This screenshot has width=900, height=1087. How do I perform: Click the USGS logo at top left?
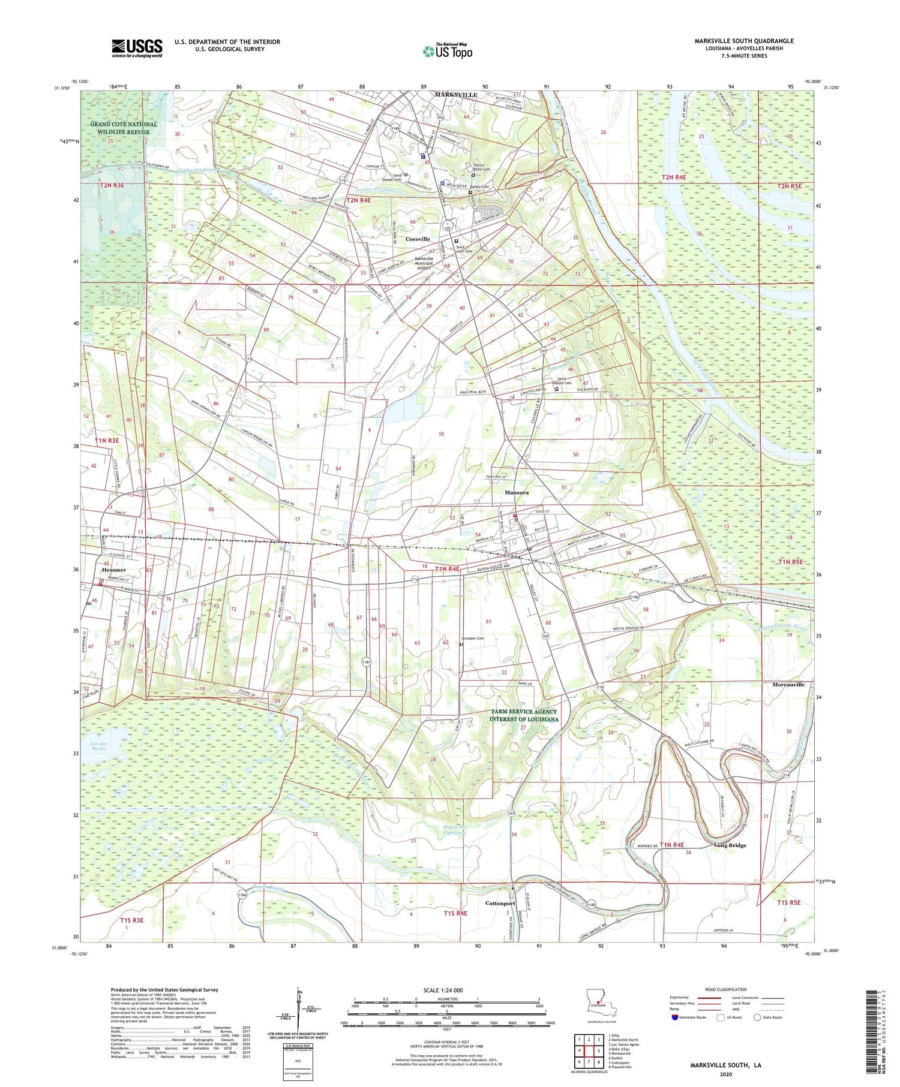click(137, 48)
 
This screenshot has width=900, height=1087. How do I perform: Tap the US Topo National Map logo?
click(447, 52)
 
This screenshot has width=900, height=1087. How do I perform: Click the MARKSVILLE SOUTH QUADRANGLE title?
click(743, 41)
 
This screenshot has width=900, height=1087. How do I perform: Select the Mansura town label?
click(516, 492)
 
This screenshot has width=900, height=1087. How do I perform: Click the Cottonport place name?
click(500, 903)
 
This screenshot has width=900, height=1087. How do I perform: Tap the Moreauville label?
click(788, 684)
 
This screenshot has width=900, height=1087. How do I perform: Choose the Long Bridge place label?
click(730, 845)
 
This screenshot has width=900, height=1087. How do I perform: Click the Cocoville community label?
click(418, 239)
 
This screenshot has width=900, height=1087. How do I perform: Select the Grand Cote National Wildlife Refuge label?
click(124, 128)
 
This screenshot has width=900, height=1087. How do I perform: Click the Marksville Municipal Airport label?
click(424, 263)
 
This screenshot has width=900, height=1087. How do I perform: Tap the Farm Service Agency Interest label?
click(524, 715)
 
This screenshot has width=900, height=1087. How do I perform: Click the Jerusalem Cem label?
click(473, 639)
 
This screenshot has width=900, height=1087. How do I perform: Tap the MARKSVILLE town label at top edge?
click(455, 95)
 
